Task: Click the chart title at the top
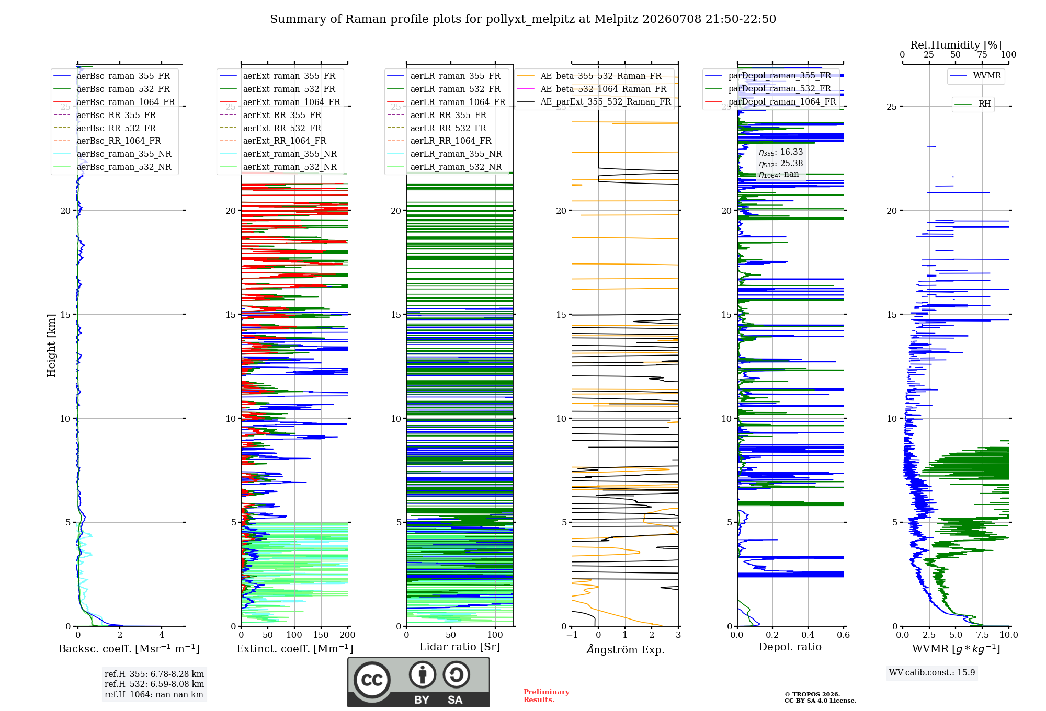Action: (523, 19)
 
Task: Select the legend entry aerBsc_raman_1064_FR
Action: (126, 102)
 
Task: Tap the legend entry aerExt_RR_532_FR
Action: (282, 128)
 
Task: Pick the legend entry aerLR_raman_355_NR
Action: (456, 154)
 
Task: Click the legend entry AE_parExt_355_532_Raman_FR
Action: (606, 101)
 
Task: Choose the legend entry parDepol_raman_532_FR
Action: (779, 89)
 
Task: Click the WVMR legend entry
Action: (987, 76)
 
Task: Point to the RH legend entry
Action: (984, 104)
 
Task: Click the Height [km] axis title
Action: (51, 346)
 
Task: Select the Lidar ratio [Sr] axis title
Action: (460, 647)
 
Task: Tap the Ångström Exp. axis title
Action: (626, 649)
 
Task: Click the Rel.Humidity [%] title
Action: (956, 45)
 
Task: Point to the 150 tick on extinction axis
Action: (321, 635)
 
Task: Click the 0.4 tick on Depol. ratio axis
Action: (808, 635)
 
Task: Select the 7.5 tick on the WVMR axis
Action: (983, 635)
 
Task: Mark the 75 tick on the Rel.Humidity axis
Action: (982, 54)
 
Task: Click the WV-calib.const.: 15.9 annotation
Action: (932, 672)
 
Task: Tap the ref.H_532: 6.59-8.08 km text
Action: (154, 684)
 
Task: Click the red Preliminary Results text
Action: (547, 696)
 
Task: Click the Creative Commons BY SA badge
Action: (418, 682)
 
